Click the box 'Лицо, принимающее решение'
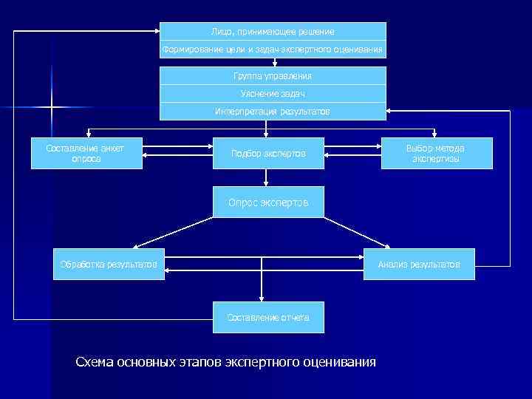click(273, 32)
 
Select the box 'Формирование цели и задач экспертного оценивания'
click(273, 50)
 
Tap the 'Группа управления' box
click(273, 76)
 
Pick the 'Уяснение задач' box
click(273, 94)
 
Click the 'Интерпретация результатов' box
click(273, 112)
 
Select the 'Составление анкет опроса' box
click(86, 153)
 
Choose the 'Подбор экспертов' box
click(267, 154)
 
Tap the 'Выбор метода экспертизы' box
click(436, 153)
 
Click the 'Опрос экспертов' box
click(267, 202)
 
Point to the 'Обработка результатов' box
click(109, 265)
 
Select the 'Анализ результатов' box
click(419, 265)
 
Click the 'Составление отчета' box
click(267, 318)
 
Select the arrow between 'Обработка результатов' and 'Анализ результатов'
click(265, 259)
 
